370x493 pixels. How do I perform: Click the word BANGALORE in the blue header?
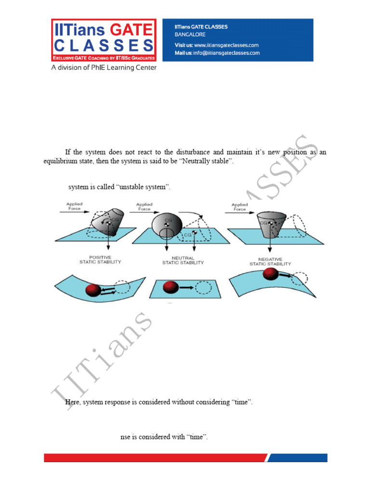(x=190, y=35)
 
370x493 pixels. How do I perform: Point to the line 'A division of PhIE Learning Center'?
(x=104, y=68)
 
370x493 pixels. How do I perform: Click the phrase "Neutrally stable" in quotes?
(x=207, y=161)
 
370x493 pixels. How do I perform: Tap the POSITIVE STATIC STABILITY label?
(x=100, y=259)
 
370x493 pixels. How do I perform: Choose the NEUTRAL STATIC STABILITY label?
(x=183, y=260)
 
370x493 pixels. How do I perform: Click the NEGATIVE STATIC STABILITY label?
(x=270, y=261)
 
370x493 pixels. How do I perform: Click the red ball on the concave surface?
(x=93, y=290)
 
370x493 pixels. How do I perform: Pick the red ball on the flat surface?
(x=171, y=287)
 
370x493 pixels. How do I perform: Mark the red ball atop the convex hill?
(x=271, y=274)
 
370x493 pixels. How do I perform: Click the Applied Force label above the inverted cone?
(x=239, y=207)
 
